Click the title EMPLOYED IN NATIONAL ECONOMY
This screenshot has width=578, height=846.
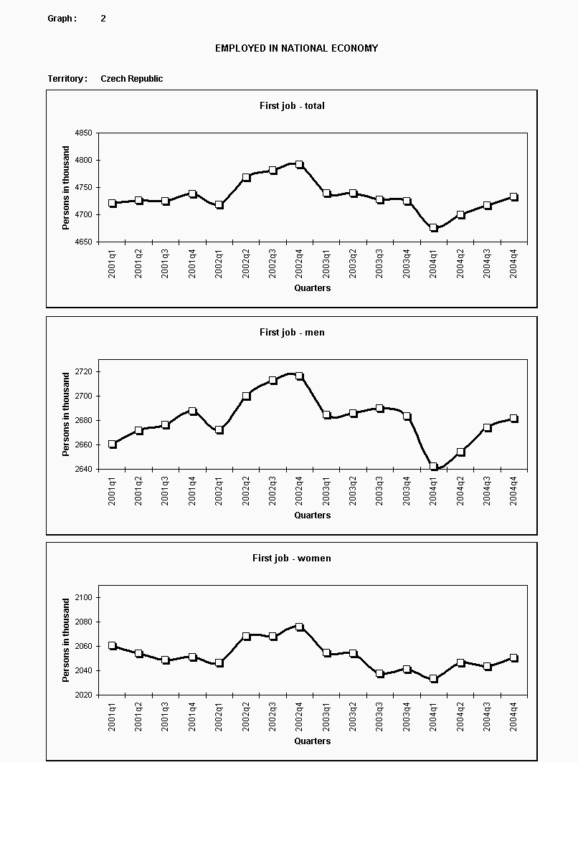296,48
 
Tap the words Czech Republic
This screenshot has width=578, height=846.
131,79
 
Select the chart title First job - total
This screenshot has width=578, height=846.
292,105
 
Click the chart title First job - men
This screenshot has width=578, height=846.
292,332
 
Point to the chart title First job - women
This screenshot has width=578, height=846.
291,558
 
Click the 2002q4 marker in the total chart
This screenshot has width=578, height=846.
299,165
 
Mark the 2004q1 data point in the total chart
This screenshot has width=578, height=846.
433,228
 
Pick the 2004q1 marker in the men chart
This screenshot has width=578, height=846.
433,467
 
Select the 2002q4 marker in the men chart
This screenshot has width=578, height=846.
299,376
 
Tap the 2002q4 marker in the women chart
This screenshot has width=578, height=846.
299,627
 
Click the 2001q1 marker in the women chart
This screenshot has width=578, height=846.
112,646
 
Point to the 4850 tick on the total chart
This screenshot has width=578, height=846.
83,133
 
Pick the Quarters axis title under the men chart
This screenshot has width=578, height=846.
313,515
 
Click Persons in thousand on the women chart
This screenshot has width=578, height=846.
67,640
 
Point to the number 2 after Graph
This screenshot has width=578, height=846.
103,19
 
